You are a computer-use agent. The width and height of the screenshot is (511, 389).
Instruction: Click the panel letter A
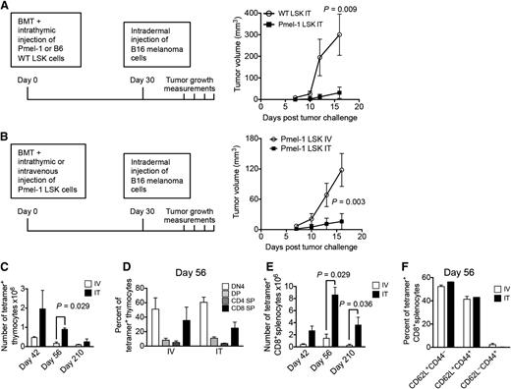7,8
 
